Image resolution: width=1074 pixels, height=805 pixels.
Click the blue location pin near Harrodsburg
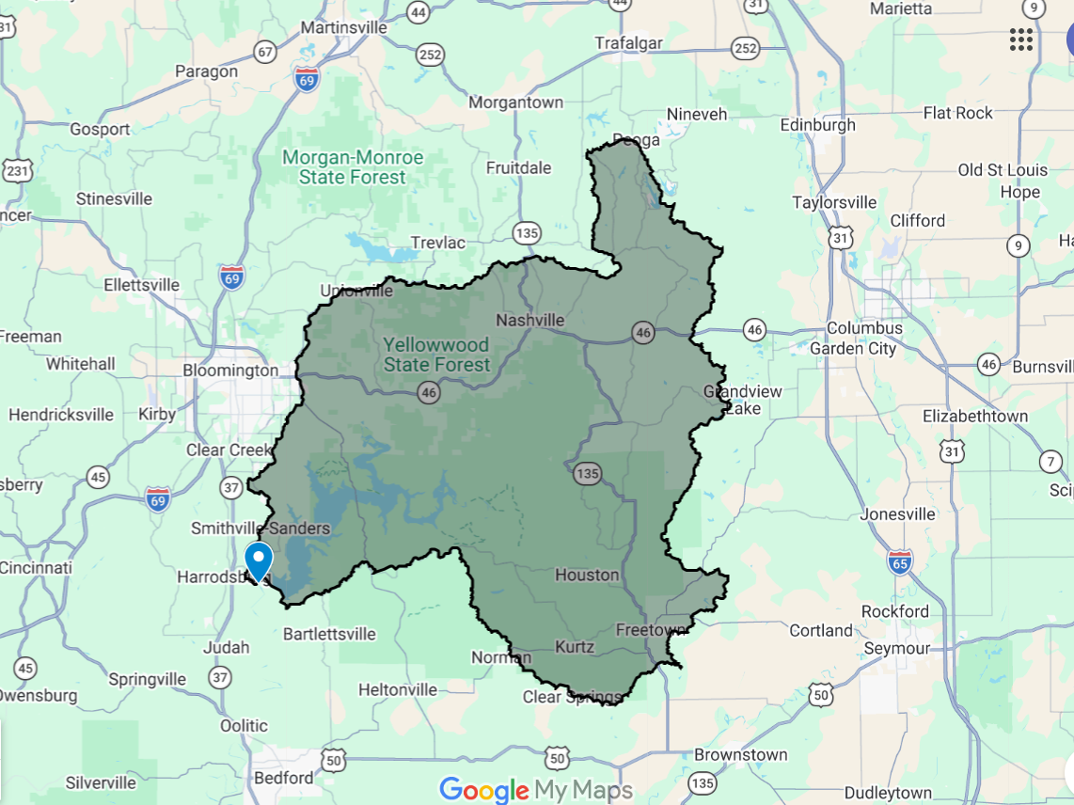(x=258, y=560)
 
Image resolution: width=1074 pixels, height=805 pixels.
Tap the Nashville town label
(x=530, y=320)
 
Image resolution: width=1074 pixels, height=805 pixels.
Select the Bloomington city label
(x=230, y=371)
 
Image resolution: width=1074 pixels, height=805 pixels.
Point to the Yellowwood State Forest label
(x=436, y=355)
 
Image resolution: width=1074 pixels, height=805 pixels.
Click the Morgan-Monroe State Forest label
(x=353, y=167)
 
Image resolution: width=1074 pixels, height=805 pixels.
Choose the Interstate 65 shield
(x=900, y=563)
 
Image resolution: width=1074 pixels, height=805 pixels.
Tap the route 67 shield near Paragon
(x=266, y=53)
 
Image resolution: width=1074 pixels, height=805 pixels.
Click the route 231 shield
(x=17, y=171)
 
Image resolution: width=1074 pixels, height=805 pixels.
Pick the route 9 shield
(x=1018, y=246)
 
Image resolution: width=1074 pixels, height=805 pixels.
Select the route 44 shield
(x=419, y=13)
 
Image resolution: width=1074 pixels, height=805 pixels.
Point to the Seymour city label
(x=897, y=648)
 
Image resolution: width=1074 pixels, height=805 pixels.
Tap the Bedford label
(x=283, y=778)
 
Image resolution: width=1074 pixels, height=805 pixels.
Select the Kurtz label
(x=575, y=647)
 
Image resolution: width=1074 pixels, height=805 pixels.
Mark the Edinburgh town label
(x=818, y=125)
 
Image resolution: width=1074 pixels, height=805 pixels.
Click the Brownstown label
(x=741, y=754)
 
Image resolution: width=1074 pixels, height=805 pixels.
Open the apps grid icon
(x=1020, y=39)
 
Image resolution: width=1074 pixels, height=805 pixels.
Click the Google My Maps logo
(x=536, y=790)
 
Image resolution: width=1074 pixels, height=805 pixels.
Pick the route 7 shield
(x=1050, y=462)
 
